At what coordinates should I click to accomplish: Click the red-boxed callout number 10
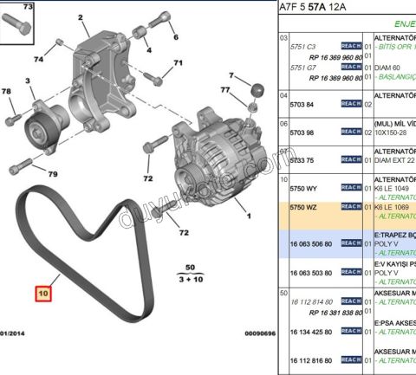(x=43, y=294)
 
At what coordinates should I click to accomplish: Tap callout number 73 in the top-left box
(x=27, y=7)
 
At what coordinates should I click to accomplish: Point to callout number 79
(x=51, y=175)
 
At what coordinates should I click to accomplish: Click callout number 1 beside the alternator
(x=249, y=217)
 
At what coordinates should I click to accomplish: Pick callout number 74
(x=37, y=59)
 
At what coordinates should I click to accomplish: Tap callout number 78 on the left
(x=6, y=92)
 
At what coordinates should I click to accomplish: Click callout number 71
(x=178, y=63)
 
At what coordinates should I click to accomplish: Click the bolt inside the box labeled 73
(x=19, y=26)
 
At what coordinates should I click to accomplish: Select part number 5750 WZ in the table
(x=301, y=207)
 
